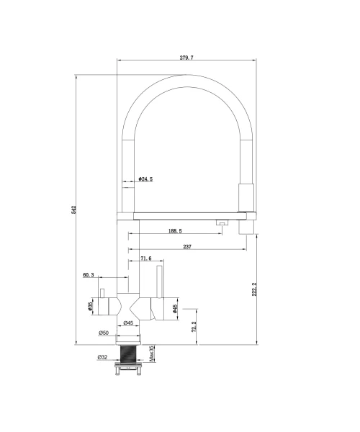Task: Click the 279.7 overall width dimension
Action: point(186,58)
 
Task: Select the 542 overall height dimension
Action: point(73,210)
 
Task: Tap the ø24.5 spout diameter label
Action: point(145,179)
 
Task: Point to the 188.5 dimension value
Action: point(175,231)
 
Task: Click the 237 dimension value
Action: point(187,246)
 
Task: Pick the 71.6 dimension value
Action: point(146,258)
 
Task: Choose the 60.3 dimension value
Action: point(89,275)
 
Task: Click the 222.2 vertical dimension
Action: point(254,289)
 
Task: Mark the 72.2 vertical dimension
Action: point(194,326)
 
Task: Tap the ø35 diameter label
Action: point(90,306)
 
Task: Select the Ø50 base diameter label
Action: point(104,333)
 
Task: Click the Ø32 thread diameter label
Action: point(102,357)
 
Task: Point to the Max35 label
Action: point(152,354)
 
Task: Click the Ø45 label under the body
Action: point(128,323)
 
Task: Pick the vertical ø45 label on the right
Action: point(174,309)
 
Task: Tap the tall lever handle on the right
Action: point(159,282)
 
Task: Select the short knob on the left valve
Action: point(102,293)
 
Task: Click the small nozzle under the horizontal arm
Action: point(222,222)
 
